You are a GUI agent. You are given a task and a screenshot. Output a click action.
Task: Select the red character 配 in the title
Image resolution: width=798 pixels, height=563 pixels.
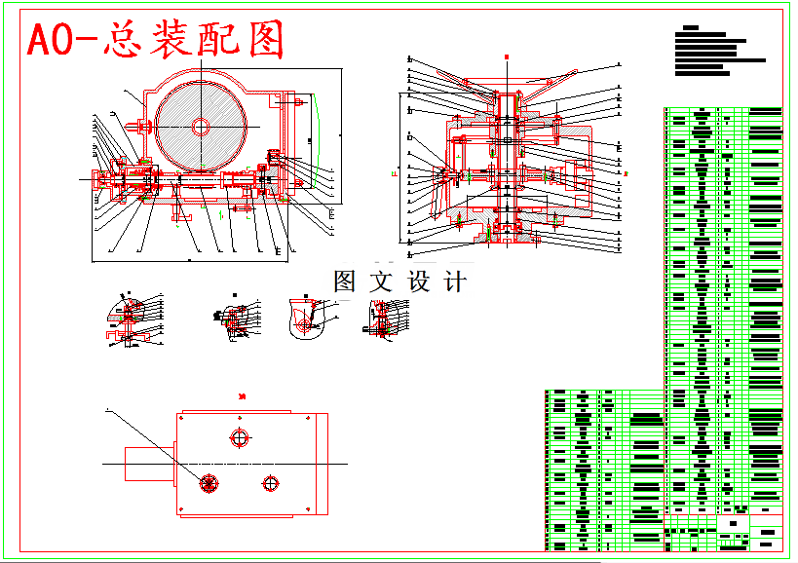(221, 40)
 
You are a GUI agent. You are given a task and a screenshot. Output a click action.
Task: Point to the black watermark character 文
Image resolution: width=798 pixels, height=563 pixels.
(381, 281)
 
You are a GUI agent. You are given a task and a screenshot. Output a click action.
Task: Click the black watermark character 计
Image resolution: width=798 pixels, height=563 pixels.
(454, 281)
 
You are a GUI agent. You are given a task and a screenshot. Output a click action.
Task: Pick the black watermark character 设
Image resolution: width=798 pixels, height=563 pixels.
(418, 281)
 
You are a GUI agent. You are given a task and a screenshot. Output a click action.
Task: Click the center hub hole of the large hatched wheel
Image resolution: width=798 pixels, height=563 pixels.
(201, 126)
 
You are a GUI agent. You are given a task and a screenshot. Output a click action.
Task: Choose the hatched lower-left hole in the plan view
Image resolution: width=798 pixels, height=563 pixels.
(208, 482)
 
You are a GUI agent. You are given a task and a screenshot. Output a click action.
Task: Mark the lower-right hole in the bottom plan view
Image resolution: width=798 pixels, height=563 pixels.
(270, 482)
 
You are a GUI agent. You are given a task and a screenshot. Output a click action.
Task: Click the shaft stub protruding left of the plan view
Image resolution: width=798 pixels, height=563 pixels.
(149, 462)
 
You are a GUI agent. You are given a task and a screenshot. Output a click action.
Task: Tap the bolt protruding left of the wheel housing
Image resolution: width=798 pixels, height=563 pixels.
(142, 126)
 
